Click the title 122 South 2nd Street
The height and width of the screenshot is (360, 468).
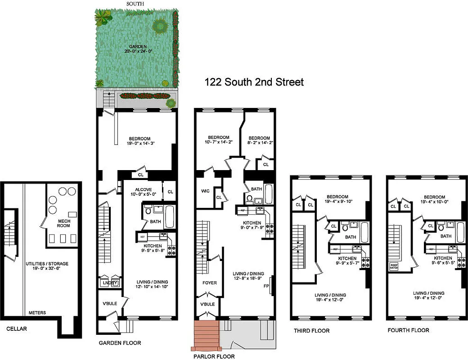click(x=254, y=82)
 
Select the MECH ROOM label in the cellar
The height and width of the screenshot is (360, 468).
click(x=63, y=223)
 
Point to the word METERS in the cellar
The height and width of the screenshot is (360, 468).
click(x=37, y=313)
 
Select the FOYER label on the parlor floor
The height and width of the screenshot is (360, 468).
click(x=210, y=283)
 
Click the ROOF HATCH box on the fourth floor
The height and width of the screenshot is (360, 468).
click(x=394, y=266)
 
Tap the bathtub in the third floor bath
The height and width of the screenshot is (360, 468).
click(x=364, y=229)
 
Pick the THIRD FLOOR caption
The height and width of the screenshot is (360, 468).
click(x=311, y=331)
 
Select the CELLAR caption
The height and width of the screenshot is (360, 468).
click(x=17, y=329)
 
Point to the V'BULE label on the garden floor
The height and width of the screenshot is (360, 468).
click(x=110, y=303)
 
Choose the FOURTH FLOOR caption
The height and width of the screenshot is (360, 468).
click(x=408, y=330)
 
